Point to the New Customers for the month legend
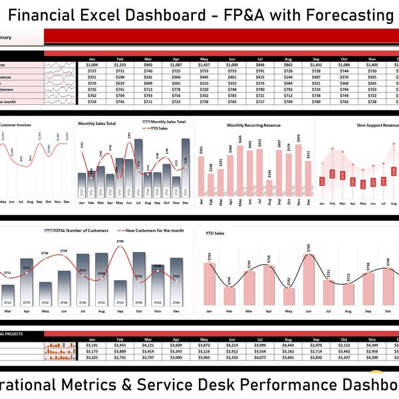(x=150, y=230)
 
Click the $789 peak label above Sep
(x=120, y=241)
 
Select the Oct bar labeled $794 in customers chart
(x=138, y=278)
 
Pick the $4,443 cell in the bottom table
(x=288, y=345)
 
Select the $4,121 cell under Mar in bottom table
(x=148, y=345)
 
